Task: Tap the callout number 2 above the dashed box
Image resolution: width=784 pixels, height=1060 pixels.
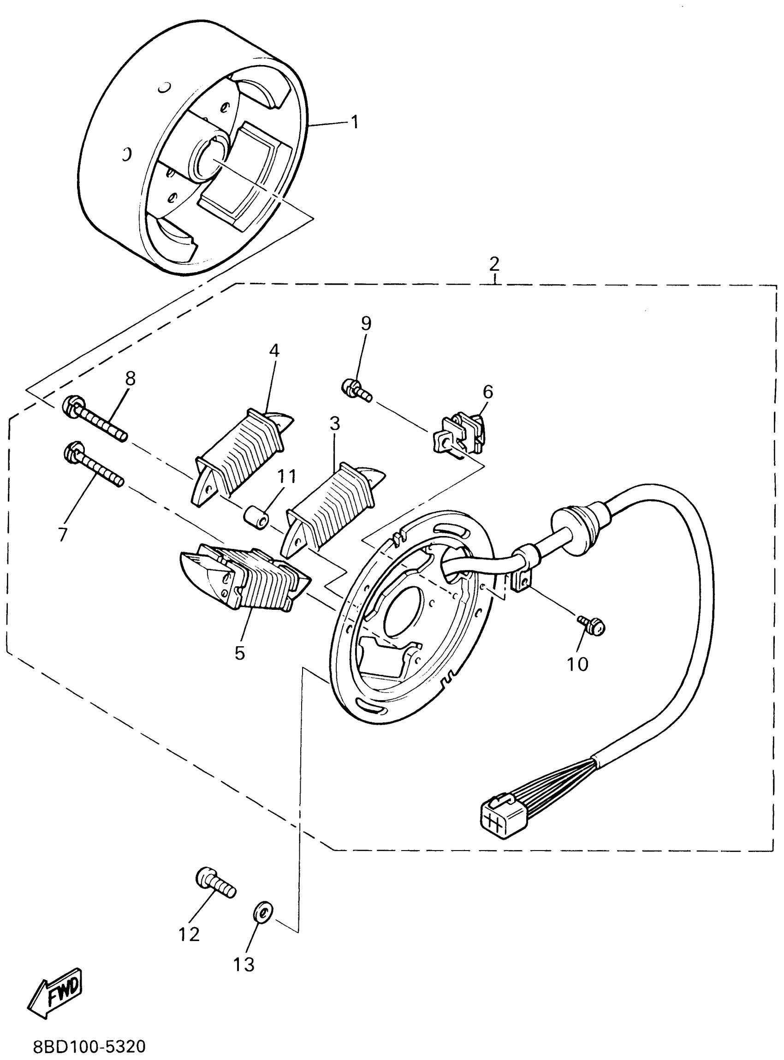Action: (494, 263)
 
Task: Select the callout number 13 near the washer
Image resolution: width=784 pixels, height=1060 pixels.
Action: (244, 965)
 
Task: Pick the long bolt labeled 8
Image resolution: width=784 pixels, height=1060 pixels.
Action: (95, 418)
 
